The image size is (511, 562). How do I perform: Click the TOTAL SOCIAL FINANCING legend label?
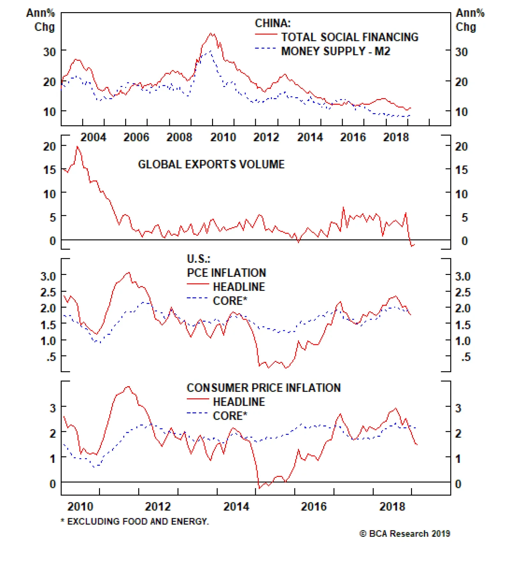point(349,37)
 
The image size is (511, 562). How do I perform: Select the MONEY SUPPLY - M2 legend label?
point(335,51)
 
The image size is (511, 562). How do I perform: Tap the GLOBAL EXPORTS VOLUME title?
point(211,164)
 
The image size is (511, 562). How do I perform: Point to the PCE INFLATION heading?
point(226,273)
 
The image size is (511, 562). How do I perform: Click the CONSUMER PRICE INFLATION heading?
point(263,388)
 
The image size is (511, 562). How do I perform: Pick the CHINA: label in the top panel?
point(272,23)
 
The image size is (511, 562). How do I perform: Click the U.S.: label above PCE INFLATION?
point(198,259)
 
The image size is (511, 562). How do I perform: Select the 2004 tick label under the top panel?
point(93,137)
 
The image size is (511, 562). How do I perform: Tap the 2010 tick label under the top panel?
point(223,137)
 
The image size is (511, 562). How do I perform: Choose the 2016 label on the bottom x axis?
point(314,507)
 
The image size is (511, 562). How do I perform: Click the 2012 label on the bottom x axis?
point(158,507)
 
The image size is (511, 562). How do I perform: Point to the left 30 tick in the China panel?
point(50,51)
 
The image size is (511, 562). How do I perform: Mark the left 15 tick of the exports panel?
point(50,170)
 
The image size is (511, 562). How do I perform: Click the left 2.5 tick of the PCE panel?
point(48,292)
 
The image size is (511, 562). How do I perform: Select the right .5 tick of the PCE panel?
point(466,357)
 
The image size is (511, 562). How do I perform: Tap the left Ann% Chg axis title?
point(41,20)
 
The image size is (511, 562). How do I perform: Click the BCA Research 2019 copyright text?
point(405,534)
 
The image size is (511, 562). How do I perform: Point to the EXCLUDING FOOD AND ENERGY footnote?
point(134,521)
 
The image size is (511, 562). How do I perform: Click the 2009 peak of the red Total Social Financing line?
point(211,33)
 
